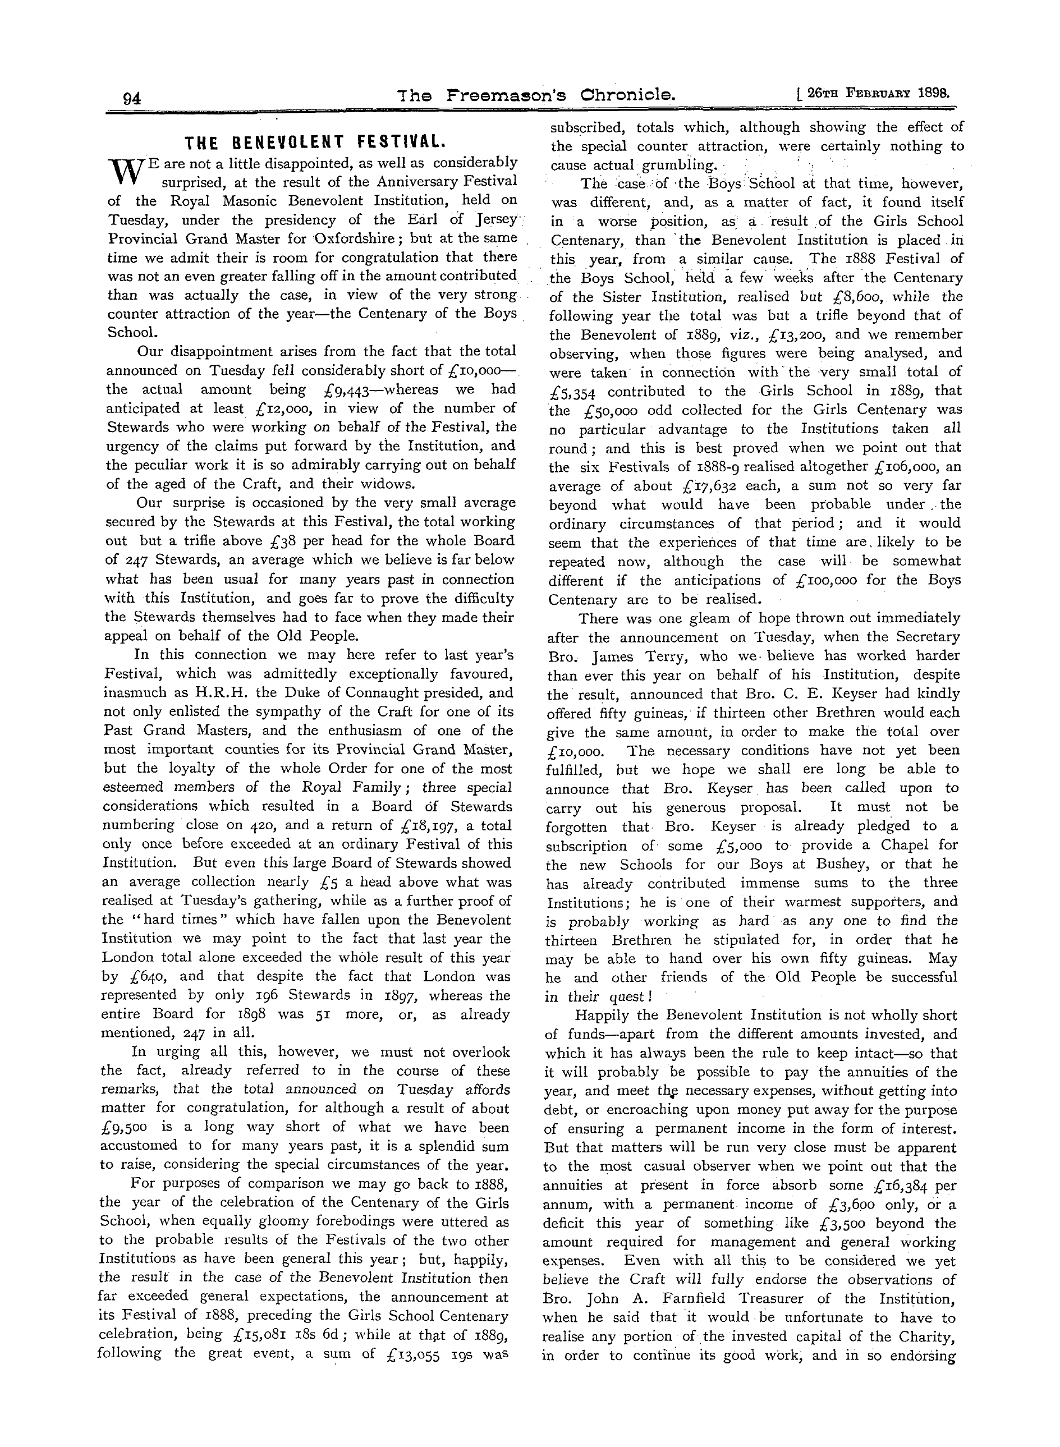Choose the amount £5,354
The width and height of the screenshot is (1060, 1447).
573,392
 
